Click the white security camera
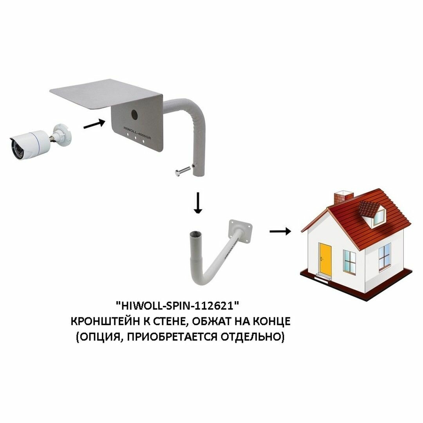31,143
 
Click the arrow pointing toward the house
280,231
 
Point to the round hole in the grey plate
134,114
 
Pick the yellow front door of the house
325,259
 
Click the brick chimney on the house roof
343,197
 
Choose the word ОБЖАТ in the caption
219,321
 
